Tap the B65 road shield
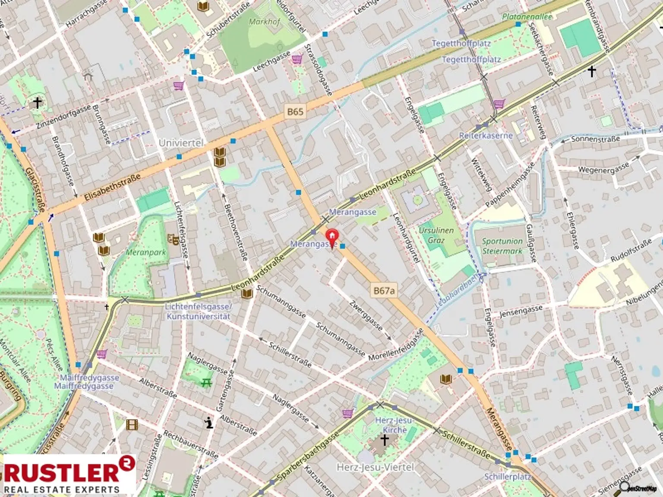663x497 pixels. [295, 111]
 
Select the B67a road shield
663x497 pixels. [384, 291]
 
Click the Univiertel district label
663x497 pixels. [181, 143]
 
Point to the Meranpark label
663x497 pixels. [145, 252]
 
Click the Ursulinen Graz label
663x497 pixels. [436, 235]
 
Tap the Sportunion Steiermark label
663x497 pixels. [502, 246]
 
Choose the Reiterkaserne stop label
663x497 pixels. [486, 135]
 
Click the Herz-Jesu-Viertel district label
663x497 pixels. [375, 467]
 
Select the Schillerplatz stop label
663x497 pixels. [507, 477]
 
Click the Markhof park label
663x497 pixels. [264, 22]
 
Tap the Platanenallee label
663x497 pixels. [527, 17]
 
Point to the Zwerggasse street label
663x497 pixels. [366, 315]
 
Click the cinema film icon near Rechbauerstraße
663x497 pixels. [132, 425]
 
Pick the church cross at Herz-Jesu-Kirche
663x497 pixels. [384, 440]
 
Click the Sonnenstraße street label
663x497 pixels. [595, 139]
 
